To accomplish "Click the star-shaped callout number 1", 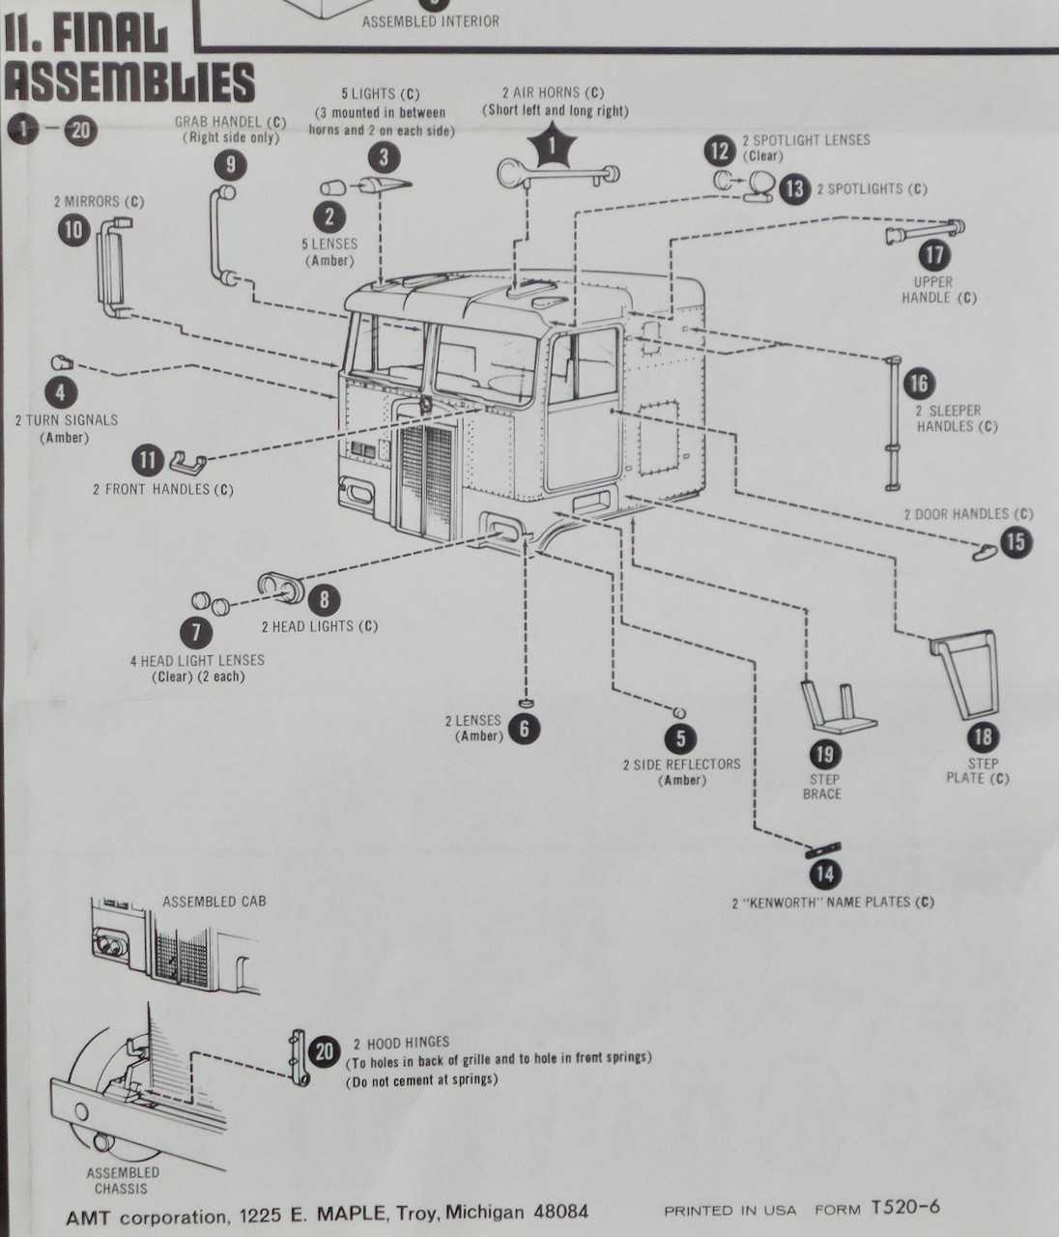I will point(554,146).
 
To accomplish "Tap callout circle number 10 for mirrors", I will point(74,230).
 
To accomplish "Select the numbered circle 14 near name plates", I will point(824,875).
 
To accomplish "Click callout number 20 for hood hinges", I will point(325,1050).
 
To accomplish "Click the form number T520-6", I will point(904,1207).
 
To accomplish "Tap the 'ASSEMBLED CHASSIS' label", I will point(122,1180).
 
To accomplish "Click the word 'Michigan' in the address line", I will point(484,1212).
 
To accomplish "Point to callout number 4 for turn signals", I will point(61,392).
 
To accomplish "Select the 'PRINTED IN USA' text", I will point(730,1210).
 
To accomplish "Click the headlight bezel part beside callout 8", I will point(280,587).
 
